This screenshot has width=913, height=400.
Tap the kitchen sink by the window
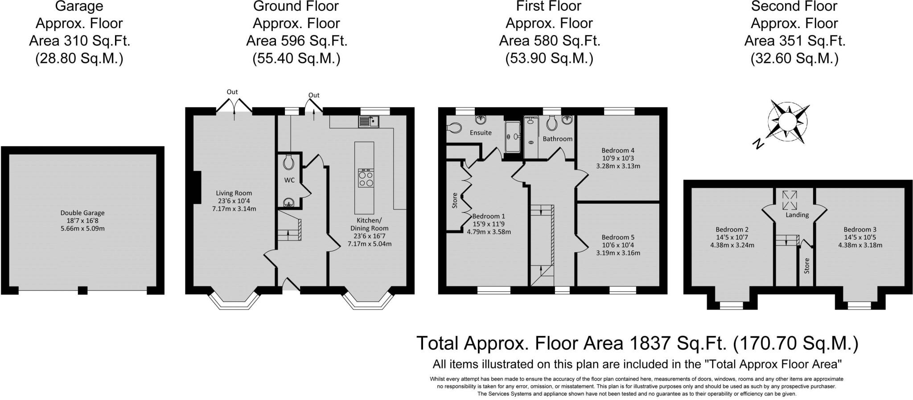tap(368, 121)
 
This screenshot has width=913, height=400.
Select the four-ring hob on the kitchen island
tap(366, 178)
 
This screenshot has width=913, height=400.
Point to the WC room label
tap(289, 180)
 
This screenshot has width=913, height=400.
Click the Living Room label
tap(234, 193)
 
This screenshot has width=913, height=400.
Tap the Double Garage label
tap(82, 213)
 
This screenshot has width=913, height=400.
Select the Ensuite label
tap(481, 132)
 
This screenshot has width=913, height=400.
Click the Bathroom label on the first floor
tap(557, 139)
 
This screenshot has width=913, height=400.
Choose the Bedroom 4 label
tap(618, 150)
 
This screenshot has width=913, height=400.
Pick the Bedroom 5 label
tap(618, 237)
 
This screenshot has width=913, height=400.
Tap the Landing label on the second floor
tap(797, 215)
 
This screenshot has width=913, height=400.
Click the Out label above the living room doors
tap(232, 92)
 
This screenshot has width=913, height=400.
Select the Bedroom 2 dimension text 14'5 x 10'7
tap(732, 237)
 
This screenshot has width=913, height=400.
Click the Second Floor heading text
tap(794, 6)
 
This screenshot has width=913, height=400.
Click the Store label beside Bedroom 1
tap(455, 200)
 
